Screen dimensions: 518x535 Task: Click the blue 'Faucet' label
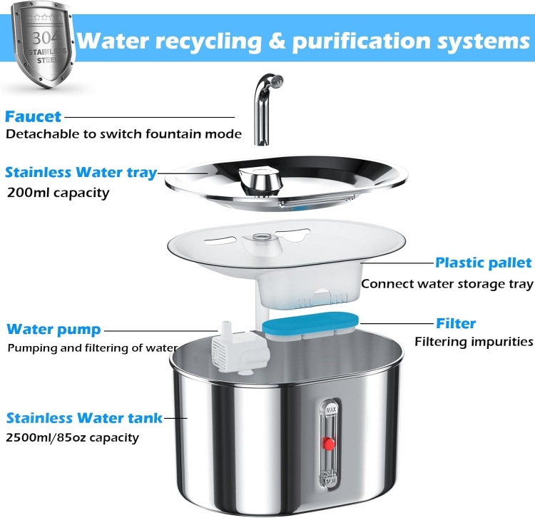pos(34,116)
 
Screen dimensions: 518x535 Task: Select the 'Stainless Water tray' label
pos(81,172)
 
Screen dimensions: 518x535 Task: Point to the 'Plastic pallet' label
pos(484,263)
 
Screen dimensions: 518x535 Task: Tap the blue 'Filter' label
pos(456,323)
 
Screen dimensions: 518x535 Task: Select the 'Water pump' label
pos(53,330)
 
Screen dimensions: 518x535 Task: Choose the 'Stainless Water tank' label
pos(84,417)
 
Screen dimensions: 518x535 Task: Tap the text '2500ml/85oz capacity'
pos(72,437)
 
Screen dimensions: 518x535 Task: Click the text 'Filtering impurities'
pos(474,342)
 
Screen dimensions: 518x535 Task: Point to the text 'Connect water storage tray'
pos(447,284)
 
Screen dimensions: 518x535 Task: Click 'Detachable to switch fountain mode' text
pos(123,133)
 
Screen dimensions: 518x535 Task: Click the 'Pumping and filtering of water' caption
pos(92,348)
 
